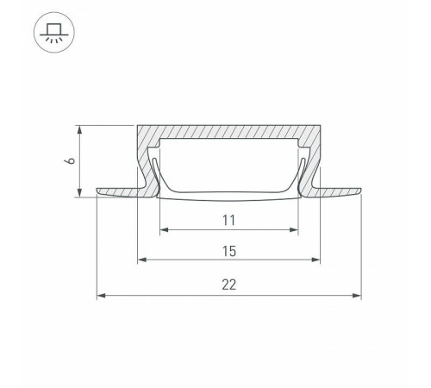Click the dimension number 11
pyautogui.click(x=229, y=221)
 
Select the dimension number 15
pyautogui.click(x=229, y=251)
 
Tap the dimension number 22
pyautogui.click(x=229, y=285)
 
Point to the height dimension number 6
pyautogui.click(x=71, y=161)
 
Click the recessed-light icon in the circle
pyautogui.click(x=54, y=33)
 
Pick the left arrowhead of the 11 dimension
pyautogui.click(x=164, y=229)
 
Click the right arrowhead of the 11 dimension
pyautogui.click(x=294, y=229)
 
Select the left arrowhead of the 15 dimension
pyautogui.click(x=142, y=260)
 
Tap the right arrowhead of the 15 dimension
pyautogui.click(x=315, y=260)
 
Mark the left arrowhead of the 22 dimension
pyautogui.click(x=101, y=296)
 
